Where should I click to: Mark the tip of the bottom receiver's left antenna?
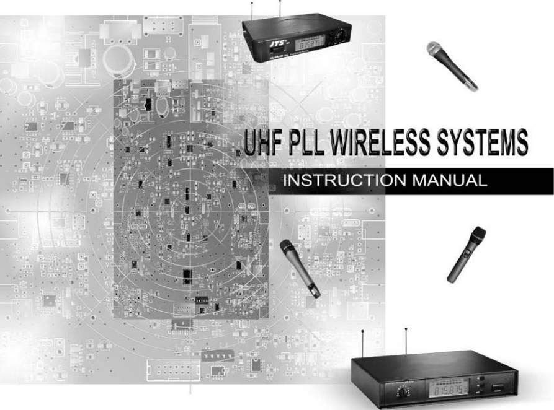[362, 331]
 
